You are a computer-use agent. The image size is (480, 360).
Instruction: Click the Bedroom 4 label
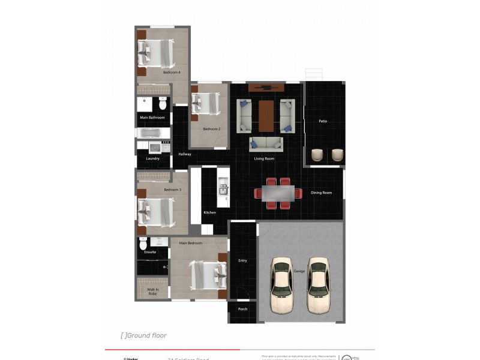(172, 73)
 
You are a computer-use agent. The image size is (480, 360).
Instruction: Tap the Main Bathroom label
(152, 118)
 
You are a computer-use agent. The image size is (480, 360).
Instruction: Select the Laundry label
(152, 158)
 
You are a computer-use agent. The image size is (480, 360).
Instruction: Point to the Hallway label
(185, 154)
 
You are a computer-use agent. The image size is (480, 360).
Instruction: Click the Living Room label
(264, 158)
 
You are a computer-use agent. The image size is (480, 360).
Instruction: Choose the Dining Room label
(321, 193)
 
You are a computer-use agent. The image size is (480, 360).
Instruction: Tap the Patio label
(323, 121)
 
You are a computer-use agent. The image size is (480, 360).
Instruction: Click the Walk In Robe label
(152, 292)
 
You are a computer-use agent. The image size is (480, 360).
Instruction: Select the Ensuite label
(150, 252)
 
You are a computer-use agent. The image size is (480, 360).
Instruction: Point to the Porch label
(242, 309)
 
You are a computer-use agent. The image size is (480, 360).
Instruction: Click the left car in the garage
(282, 285)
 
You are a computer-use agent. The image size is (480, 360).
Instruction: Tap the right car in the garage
(318, 285)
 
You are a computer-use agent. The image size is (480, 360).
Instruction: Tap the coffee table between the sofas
(266, 115)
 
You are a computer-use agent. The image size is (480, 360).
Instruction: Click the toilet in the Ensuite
(143, 244)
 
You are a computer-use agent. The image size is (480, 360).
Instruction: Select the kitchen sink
(223, 188)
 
